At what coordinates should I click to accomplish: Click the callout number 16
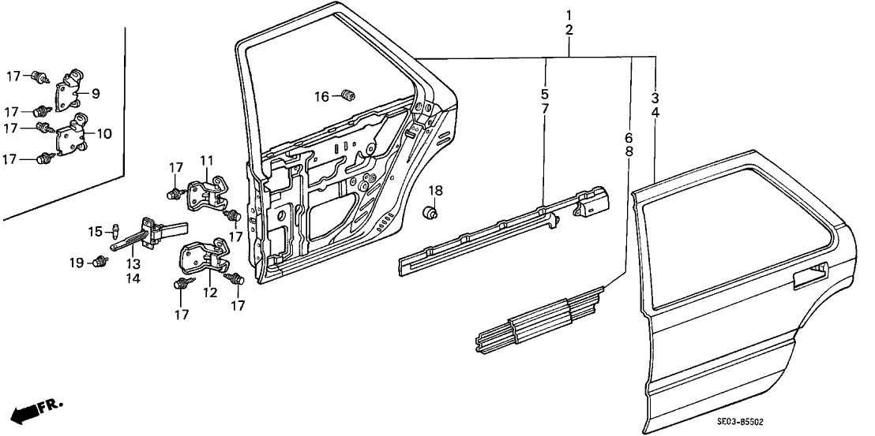coord(322,97)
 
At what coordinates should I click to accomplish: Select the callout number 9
coord(95,94)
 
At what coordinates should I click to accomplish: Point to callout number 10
coord(104,133)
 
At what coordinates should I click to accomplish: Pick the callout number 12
coord(209,293)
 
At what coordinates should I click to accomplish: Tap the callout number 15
coord(96,231)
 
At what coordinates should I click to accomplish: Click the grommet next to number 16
coord(347,96)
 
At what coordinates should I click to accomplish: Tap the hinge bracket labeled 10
coord(73,137)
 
